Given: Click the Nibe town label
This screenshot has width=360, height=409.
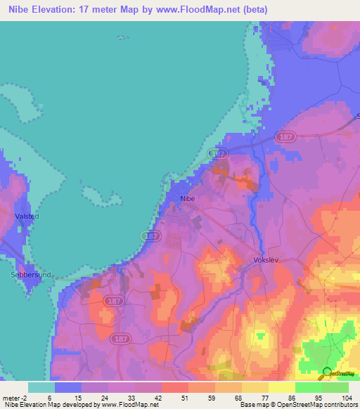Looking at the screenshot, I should click(x=188, y=199).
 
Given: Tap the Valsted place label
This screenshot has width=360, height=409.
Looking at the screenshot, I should click(x=27, y=216).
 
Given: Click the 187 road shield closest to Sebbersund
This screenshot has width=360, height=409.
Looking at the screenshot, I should click(x=112, y=300).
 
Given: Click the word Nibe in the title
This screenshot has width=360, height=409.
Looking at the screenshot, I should click(x=22, y=10).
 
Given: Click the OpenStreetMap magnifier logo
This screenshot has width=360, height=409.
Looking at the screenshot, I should click(x=326, y=372).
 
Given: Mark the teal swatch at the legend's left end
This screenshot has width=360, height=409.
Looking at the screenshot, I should click(x=41, y=387).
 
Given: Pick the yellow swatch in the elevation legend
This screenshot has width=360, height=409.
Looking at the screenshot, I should click(x=281, y=387).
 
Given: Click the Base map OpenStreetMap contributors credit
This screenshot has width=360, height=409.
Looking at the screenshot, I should click(x=297, y=405).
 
